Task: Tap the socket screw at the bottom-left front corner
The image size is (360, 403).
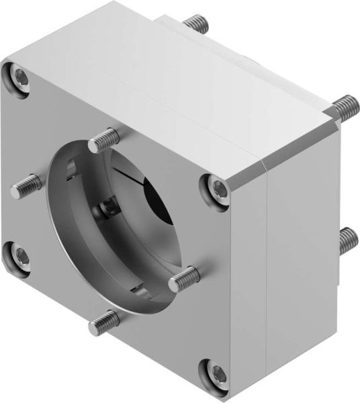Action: point(20,255)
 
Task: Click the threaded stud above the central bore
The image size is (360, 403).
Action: point(103,141)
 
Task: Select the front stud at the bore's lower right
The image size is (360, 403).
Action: point(184,278)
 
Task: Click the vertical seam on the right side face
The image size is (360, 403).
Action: point(268,269)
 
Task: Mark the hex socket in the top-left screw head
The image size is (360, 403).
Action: point(21,80)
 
